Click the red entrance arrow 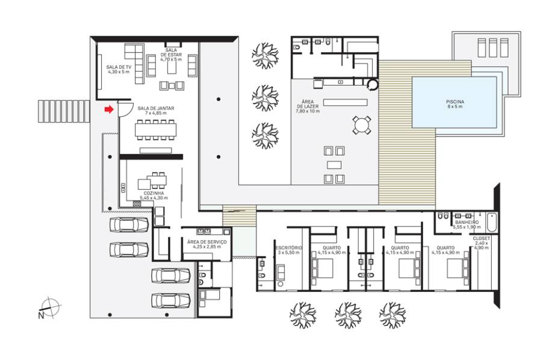(x=109, y=110)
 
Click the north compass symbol (x=50, y=307)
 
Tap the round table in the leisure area (x=362, y=125)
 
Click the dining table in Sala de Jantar (x=155, y=130)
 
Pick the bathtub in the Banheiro (x=491, y=222)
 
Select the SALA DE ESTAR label (x=171, y=55)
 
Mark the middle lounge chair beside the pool (x=493, y=48)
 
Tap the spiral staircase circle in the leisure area (x=373, y=84)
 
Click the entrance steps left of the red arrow (x=64, y=111)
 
